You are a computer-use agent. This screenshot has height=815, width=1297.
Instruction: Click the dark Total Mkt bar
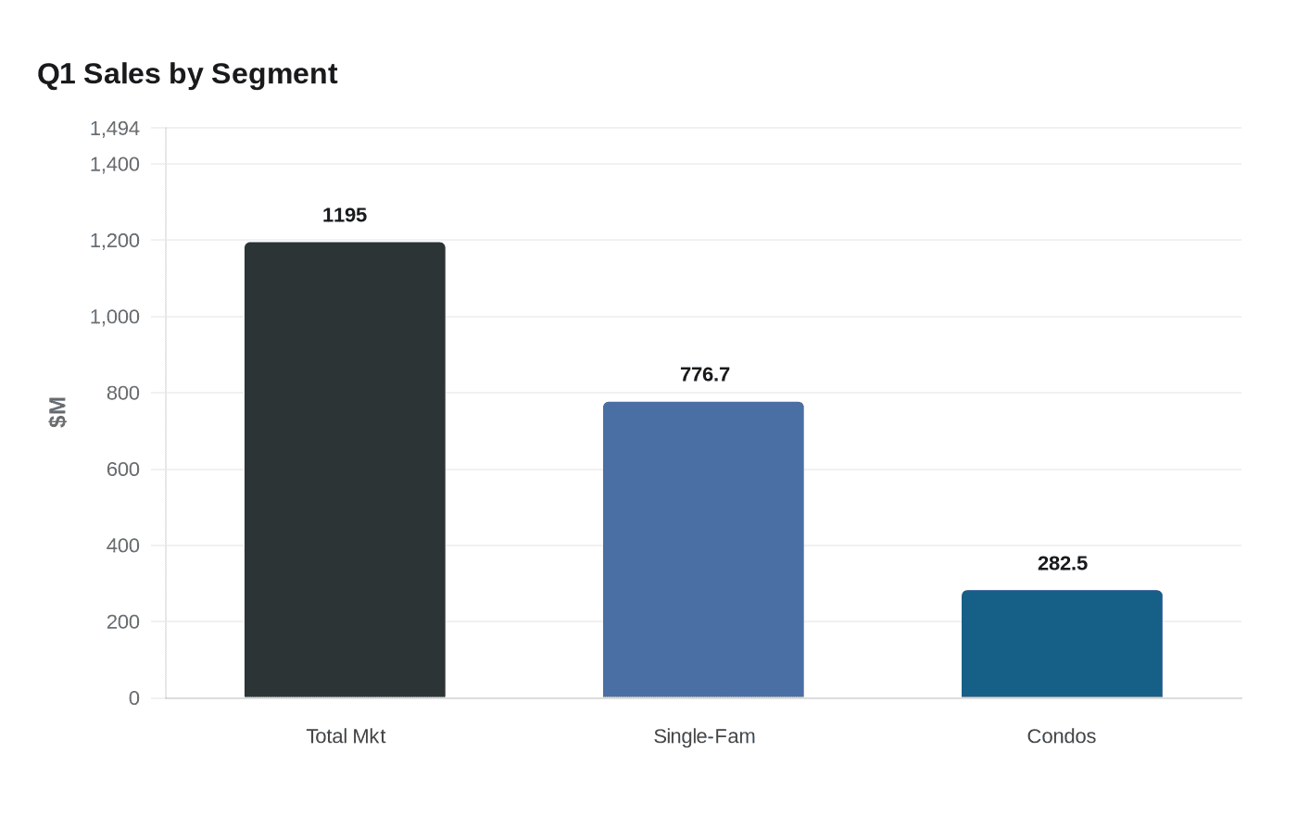tap(345, 470)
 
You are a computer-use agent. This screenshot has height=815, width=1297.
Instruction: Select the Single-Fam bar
tap(703, 549)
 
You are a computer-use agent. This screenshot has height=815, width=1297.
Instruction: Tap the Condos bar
tap(1062, 644)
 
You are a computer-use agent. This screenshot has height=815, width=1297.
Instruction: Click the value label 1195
tap(345, 215)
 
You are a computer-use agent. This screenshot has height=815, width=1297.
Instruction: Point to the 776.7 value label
tap(704, 374)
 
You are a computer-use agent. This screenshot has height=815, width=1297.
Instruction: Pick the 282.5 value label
tap(1062, 563)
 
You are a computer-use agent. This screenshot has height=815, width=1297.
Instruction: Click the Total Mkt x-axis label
tap(345, 736)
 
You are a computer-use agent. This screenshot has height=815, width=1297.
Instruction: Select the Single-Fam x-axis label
tap(704, 736)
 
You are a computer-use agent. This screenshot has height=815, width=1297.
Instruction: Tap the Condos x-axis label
tap(1061, 736)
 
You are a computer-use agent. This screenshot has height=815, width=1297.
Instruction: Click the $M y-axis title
tap(57, 412)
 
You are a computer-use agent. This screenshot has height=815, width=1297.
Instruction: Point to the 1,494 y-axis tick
tap(115, 129)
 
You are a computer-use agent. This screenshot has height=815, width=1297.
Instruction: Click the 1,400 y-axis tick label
tap(115, 164)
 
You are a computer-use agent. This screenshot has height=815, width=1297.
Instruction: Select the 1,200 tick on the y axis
tap(115, 241)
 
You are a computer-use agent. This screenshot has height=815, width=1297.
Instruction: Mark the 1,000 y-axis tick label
tap(115, 317)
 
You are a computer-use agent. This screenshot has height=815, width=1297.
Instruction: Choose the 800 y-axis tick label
tap(123, 393)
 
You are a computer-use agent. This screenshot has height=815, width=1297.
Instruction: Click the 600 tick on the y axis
tap(123, 470)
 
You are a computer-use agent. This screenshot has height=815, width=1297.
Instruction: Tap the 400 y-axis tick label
tap(123, 545)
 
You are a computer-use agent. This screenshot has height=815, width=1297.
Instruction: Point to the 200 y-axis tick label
tap(123, 621)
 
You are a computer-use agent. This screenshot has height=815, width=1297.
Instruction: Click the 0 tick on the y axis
tap(134, 698)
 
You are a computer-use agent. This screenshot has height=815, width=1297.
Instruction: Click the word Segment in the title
tap(274, 74)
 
